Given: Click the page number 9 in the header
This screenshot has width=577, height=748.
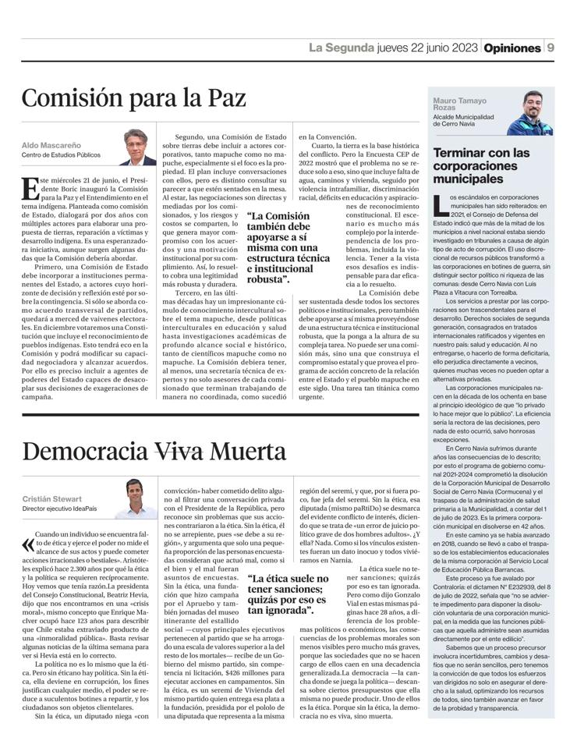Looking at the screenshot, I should pyautogui.click(x=550, y=48).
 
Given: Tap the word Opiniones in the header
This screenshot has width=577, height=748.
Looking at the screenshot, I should pyautogui.click(x=512, y=48).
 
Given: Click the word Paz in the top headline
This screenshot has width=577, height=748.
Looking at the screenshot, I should pyautogui.click(x=225, y=98).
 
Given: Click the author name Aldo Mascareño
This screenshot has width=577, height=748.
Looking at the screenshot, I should pyautogui.click(x=48, y=145).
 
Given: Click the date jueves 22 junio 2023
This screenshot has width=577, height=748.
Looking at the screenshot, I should pyautogui.click(x=427, y=48).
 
